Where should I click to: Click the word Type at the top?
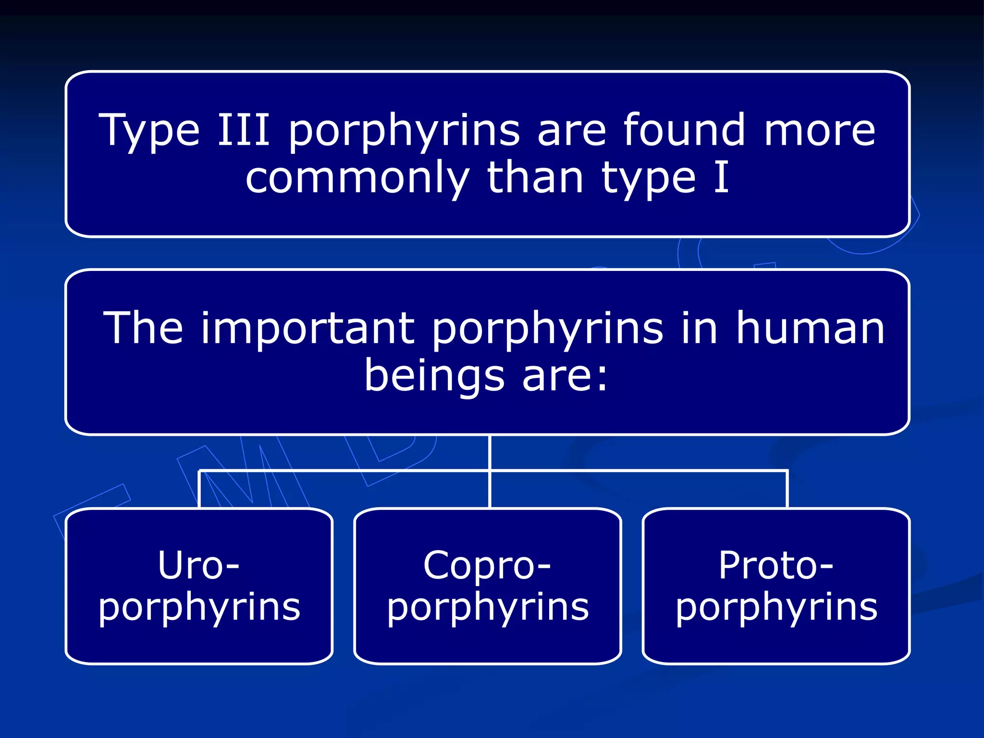tap(149, 131)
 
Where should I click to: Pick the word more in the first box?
tap(819, 131)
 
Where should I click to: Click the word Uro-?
tap(198, 566)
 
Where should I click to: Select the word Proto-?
tap(775, 566)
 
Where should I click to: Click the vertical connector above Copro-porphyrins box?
tap(489, 490)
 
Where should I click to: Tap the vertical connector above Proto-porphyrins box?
tap(787, 490)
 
